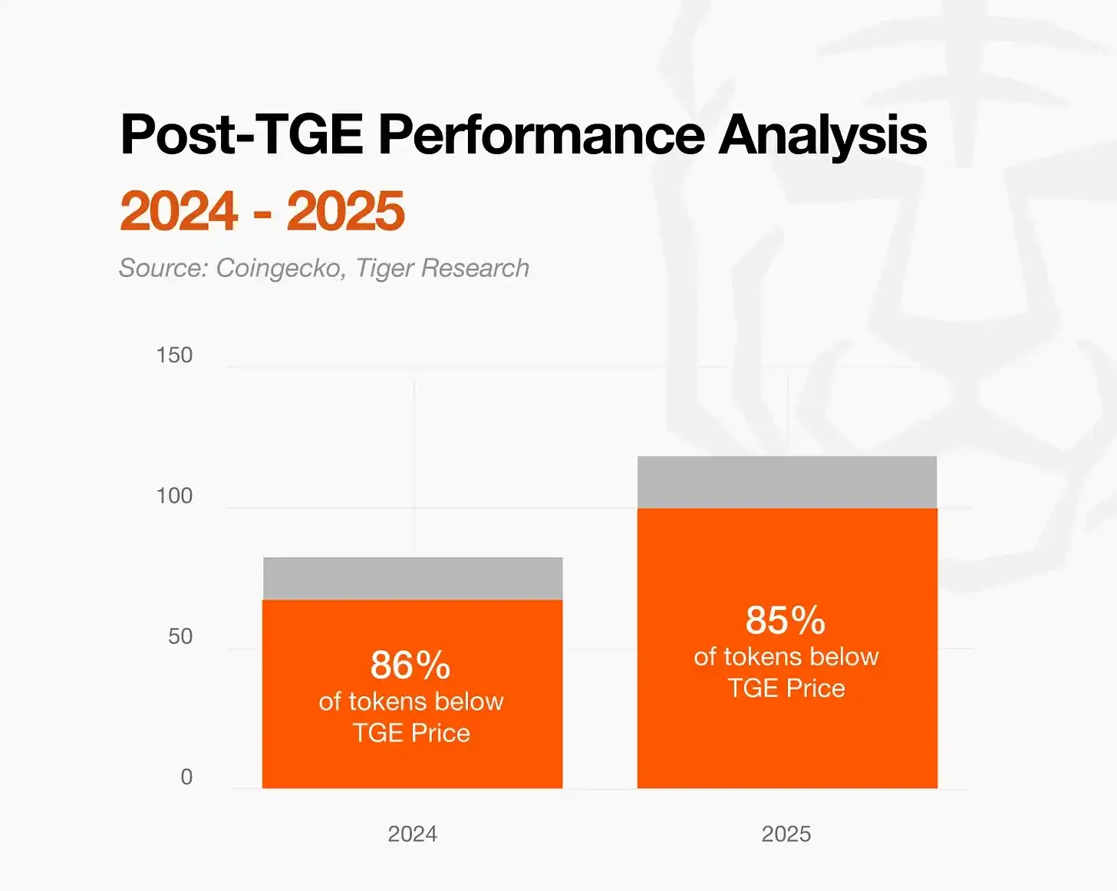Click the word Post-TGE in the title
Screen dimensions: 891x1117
(242, 135)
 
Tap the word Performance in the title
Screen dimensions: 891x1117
(541, 135)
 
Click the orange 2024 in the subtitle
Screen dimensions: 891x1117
(180, 211)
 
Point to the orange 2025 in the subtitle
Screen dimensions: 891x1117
(346, 211)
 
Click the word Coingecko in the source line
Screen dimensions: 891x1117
(279, 268)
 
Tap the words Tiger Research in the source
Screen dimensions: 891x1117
(443, 268)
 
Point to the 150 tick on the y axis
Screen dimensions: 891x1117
(174, 355)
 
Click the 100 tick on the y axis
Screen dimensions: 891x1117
(174, 496)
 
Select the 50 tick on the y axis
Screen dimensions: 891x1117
(180, 636)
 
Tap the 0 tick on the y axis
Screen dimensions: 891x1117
(186, 777)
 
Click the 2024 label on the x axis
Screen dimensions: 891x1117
(412, 833)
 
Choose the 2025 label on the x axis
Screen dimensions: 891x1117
(786, 833)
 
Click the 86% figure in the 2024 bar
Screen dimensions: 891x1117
(410, 665)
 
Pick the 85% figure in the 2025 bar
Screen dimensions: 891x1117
(786, 620)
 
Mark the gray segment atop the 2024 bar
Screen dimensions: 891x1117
(413, 579)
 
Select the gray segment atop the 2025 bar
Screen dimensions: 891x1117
(787, 482)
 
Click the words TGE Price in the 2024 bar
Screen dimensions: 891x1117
(411, 733)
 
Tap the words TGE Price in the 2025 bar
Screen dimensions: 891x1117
(786, 688)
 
